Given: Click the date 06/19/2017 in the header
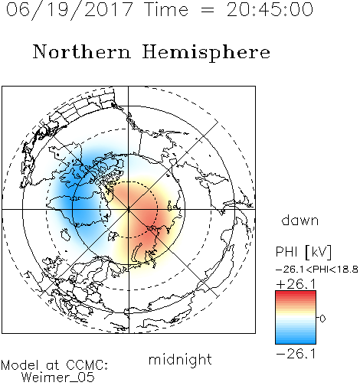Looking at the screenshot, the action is tap(69, 10).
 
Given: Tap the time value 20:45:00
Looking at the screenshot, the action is tap(270, 9).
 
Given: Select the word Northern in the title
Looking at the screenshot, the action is tap(82, 52).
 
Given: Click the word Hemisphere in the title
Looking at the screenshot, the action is tap(206, 53).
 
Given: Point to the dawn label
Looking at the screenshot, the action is tap(300, 220).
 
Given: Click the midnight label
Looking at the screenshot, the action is tap(180, 359).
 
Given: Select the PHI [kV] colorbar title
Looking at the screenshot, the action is tap(303, 252).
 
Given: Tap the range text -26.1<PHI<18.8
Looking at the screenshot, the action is tap(317, 269).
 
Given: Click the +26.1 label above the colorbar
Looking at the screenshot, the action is tap(296, 284).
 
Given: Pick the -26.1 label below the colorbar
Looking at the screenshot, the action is tap(296, 354).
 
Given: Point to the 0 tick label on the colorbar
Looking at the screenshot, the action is tap(322, 319).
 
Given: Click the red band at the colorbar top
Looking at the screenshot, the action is tap(296, 294).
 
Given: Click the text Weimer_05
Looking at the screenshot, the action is tap(58, 378).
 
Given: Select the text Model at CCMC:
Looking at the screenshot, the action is tap(54, 365).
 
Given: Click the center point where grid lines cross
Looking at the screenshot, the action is tap(129, 209).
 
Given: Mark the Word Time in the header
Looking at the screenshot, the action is tap(166, 9).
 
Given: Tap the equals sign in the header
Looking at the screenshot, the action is tap(208, 10).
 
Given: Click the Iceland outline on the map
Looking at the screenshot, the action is tap(66, 234).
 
